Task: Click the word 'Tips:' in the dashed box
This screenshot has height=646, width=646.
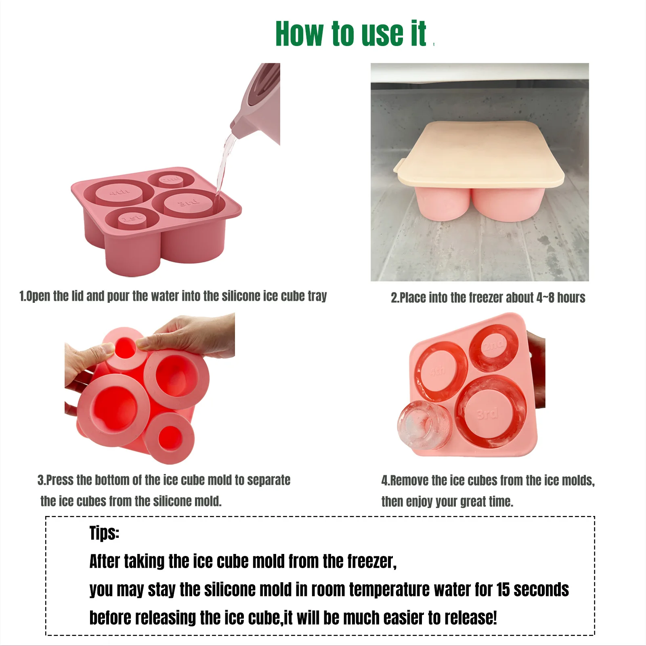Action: pyautogui.click(x=104, y=533)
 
